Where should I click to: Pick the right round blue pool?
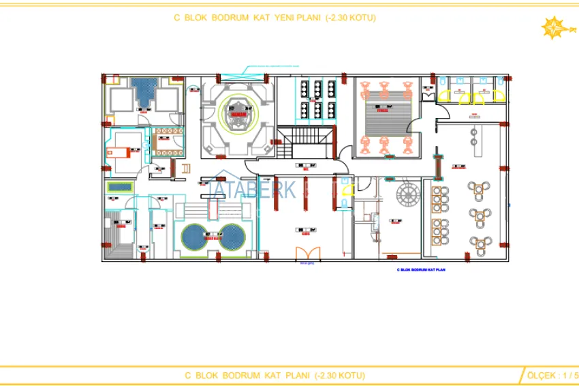tap(233, 236)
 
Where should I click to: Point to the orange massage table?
tap(125, 149)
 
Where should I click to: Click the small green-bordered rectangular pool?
tap(119, 187)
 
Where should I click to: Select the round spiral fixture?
tap(409, 194)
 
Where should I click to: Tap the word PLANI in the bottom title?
tap(296, 375)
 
